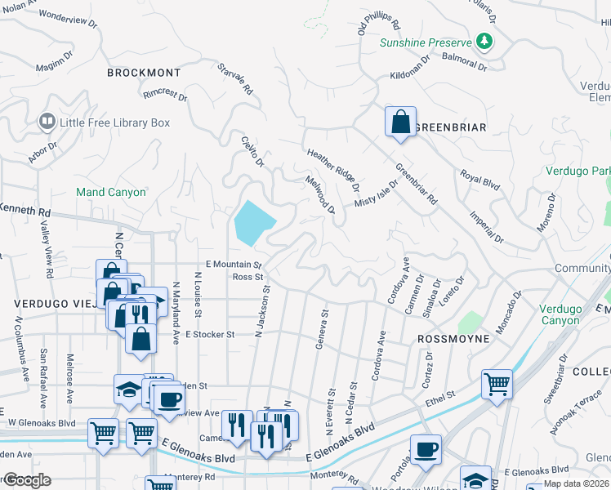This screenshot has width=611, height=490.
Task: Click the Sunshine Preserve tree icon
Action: pyautogui.click(x=484, y=40)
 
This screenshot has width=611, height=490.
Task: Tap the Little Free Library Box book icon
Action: pyautogui.click(x=47, y=122)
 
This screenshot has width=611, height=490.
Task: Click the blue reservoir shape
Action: pyautogui.click(x=253, y=221)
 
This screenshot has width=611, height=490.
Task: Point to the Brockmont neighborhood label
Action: pyautogui.click(x=144, y=73)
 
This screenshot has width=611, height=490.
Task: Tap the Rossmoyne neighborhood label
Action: pyautogui.click(x=453, y=338)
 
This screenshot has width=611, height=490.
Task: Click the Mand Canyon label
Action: pyautogui.click(x=111, y=193)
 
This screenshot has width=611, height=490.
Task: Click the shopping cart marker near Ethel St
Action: pyautogui.click(x=496, y=382)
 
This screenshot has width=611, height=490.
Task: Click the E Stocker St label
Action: pyautogui.click(x=210, y=334)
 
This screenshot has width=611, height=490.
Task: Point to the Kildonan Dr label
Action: pyautogui.click(x=411, y=73)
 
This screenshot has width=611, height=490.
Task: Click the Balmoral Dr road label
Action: pyautogui.click(x=464, y=62)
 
